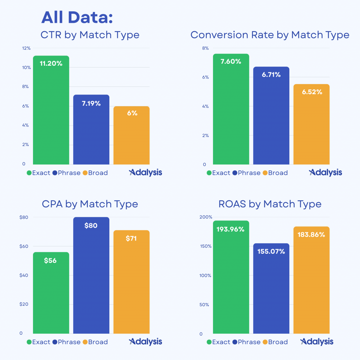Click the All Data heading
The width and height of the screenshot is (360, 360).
pos(77,18)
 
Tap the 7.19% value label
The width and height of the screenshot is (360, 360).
pos(91,103)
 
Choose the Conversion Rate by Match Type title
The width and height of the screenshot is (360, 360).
pos(270,35)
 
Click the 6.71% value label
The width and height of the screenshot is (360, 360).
pos(271,75)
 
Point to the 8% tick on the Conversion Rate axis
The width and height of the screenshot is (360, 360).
pos(206,48)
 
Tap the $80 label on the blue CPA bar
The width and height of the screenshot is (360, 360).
pos(91,225)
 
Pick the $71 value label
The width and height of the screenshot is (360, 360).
pos(131,238)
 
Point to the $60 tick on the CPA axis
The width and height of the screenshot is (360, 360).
pos(24,246)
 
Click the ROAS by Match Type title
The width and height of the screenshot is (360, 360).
pos(270,204)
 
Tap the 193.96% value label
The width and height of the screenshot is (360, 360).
pos(231,229)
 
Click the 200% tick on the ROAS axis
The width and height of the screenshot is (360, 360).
pos(206,217)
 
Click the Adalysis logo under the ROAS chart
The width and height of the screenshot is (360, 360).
pos(317,342)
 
